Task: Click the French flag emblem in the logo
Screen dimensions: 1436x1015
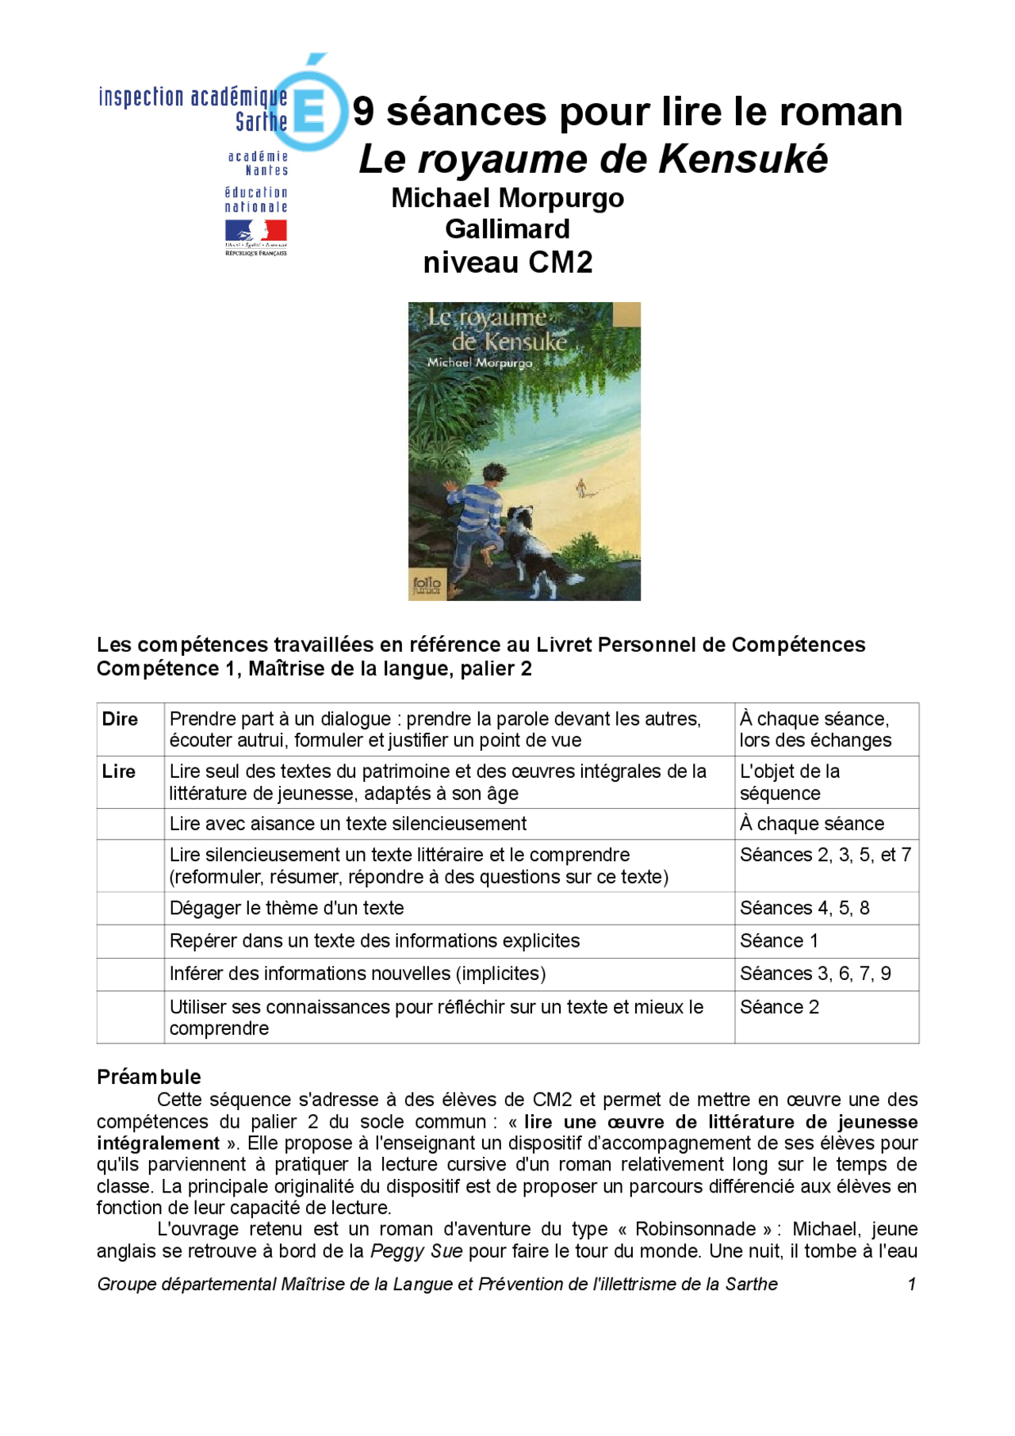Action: [255, 231]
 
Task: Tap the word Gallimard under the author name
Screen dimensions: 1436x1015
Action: [507, 229]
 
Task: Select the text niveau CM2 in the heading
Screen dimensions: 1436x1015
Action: [507, 262]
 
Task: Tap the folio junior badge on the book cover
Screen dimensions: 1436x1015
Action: [427, 585]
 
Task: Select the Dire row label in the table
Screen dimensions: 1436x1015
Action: [121, 719]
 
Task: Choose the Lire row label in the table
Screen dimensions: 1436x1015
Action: [119, 772]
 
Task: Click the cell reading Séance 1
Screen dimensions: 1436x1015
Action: [779, 941]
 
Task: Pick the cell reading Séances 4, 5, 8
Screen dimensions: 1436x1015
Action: [804, 908]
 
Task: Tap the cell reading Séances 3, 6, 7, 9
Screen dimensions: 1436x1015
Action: [815, 974]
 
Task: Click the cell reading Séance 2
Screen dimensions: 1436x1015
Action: [779, 1007]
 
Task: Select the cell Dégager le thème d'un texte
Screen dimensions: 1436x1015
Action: [287, 908]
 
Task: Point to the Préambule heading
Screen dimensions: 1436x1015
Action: [149, 1077]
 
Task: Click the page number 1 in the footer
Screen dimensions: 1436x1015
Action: [912, 1284]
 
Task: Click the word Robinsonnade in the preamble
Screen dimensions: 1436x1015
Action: [695, 1229]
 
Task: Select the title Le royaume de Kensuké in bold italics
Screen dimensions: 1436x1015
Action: [593, 159]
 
